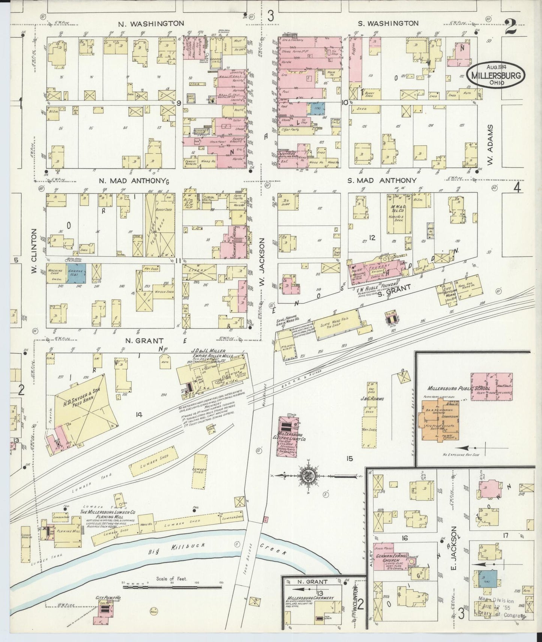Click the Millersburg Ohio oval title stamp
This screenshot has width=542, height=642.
tap(496, 75)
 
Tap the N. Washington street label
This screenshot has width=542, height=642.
tap(151, 23)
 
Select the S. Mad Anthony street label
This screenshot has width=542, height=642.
tap(381, 181)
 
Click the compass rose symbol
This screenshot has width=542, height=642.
tap(309, 476)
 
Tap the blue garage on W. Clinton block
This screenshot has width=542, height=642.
tap(77, 272)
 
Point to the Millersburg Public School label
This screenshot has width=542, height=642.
tap(459, 388)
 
